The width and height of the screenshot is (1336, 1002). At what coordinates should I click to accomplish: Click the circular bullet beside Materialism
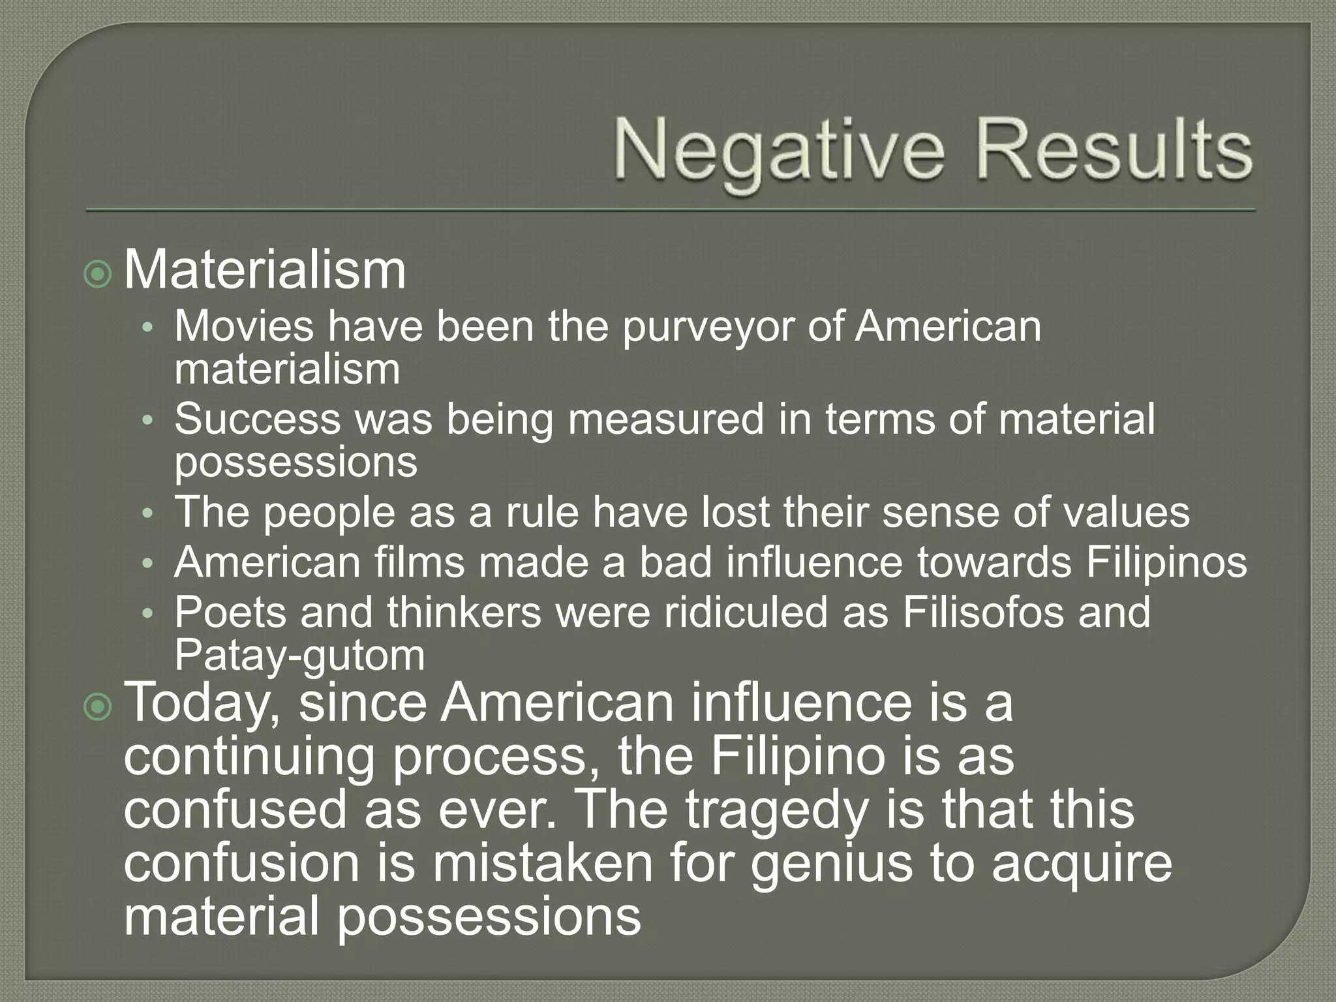[x=98, y=275]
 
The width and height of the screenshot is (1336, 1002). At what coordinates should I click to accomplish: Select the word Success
[x=257, y=419]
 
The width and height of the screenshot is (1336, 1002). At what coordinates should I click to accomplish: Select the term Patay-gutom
[x=299, y=656]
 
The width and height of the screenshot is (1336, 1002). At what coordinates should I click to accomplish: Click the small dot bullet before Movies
[x=147, y=327]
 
